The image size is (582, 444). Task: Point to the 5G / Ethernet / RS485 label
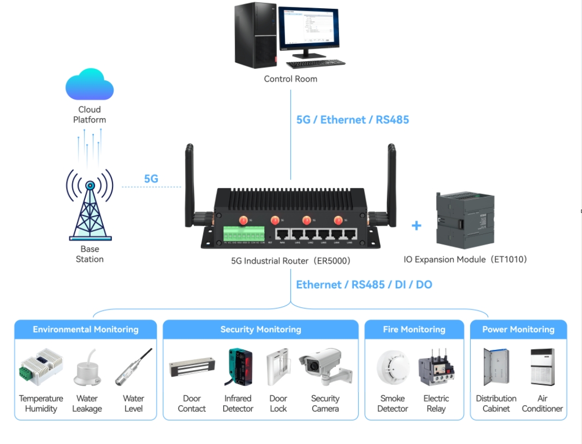click(352, 120)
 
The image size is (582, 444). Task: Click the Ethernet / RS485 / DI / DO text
click(364, 284)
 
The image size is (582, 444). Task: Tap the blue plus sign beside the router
click(417, 225)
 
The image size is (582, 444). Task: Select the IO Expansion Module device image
click(465, 220)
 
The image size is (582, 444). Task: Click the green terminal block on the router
click(244, 235)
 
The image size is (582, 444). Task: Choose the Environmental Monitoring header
click(86, 329)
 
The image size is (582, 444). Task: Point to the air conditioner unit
click(542, 367)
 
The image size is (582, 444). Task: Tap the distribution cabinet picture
click(496, 367)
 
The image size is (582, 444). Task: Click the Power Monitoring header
click(518, 329)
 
